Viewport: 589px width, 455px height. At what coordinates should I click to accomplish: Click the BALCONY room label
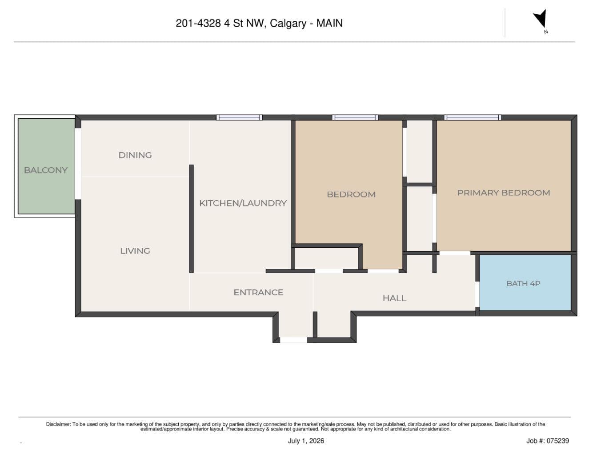click(x=45, y=170)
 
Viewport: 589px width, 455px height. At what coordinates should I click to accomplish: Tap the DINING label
click(x=135, y=155)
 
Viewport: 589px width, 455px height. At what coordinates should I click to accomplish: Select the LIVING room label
click(x=135, y=251)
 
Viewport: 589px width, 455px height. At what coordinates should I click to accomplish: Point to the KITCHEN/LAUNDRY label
click(x=243, y=203)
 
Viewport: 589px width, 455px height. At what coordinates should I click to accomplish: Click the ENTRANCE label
click(x=258, y=292)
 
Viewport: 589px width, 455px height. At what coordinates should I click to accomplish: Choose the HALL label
click(x=394, y=298)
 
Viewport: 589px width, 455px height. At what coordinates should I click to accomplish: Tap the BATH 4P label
click(x=523, y=283)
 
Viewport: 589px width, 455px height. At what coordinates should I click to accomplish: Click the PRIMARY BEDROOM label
click(x=504, y=193)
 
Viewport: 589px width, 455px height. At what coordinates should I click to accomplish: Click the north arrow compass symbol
click(x=541, y=20)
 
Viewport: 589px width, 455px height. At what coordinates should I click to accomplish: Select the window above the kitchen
click(x=239, y=117)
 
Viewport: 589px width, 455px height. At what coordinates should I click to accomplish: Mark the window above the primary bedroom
click(x=473, y=117)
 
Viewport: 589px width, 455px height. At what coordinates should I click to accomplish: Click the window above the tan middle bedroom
click(x=355, y=117)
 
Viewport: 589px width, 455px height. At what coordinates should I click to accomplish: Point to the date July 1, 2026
click(x=306, y=441)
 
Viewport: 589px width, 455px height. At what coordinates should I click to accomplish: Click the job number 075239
click(x=557, y=441)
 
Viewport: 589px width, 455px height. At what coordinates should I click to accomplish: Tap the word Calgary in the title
click(x=288, y=24)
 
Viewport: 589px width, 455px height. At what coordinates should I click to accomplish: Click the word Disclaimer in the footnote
click(x=58, y=424)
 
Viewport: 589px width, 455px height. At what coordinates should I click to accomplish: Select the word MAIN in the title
click(x=329, y=23)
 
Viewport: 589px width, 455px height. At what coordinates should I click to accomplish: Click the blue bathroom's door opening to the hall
click(x=477, y=294)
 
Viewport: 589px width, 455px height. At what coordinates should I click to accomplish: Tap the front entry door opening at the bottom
click(x=293, y=340)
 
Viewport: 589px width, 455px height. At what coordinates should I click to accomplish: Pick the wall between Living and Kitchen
click(x=191, y=218)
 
